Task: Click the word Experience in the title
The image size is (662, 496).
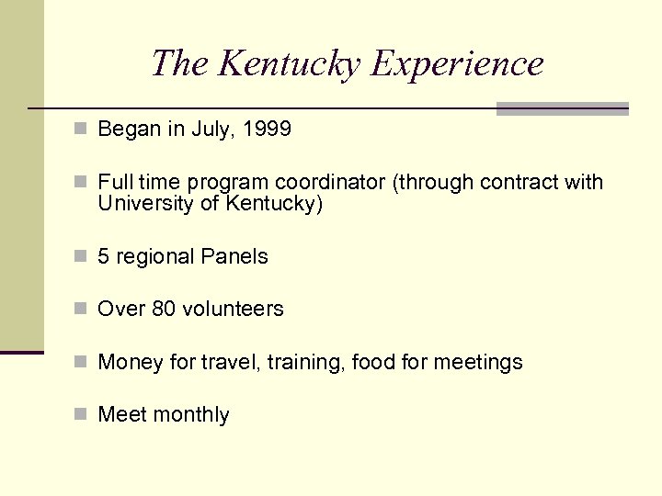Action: pos(457,64)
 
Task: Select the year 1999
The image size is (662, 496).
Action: pos(268,130)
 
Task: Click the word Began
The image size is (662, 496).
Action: pos(129,130)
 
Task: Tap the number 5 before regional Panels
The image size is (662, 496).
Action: pos(104,256)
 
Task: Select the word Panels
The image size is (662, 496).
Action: pos(237,256)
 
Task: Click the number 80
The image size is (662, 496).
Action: pos(164,310)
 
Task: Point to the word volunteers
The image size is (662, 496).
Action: pos(233,310)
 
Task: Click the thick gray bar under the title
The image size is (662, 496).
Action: pos(562,108)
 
